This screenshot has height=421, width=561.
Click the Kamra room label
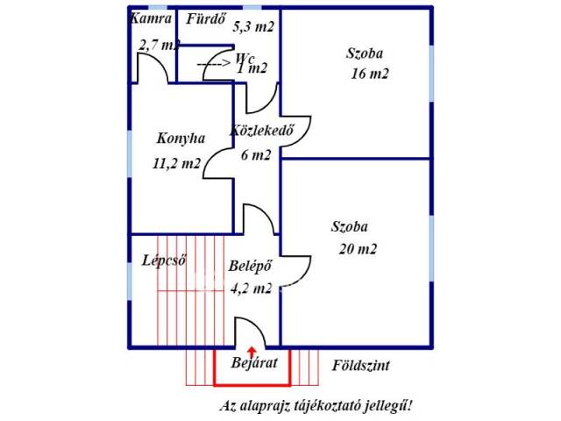149,18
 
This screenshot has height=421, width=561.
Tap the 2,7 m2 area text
159,44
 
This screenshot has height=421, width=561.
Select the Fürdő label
207,18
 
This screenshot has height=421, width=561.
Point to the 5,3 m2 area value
253,26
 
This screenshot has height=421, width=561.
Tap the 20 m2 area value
358,248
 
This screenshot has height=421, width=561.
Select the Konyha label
181,139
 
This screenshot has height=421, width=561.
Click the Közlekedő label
260,132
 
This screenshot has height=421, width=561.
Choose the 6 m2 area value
256,155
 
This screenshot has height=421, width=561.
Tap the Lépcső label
164,260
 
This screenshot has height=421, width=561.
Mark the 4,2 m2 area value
250,288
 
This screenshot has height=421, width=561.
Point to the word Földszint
361,364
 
